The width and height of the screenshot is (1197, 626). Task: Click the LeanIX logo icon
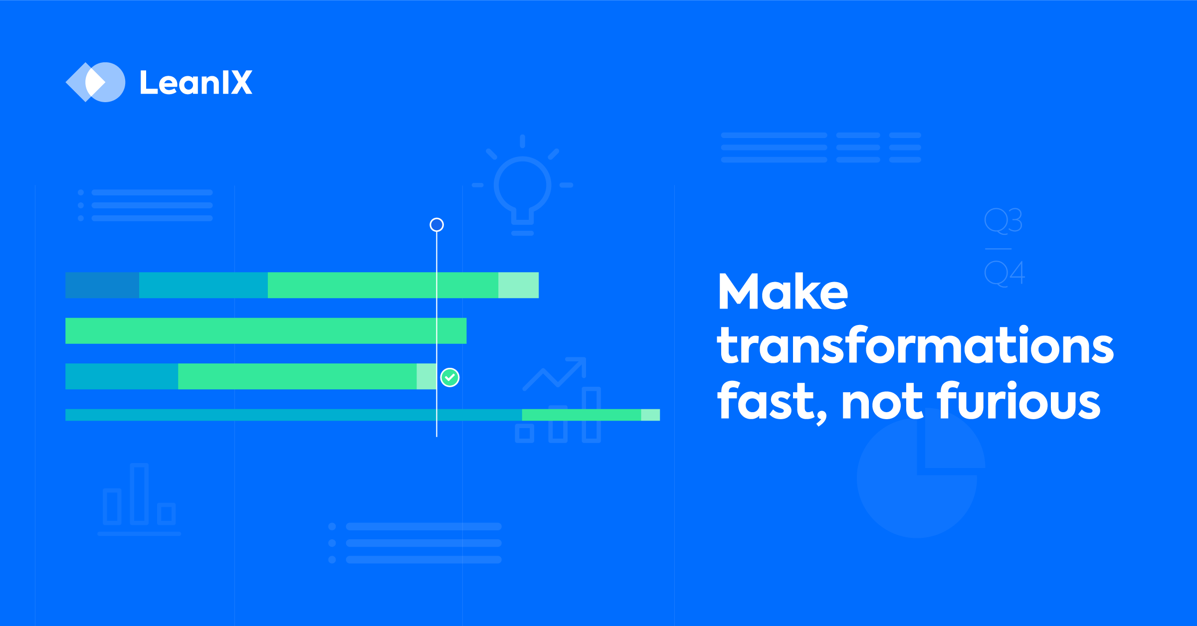tap(95, 82)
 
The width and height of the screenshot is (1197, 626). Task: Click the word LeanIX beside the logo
tap(196, 83)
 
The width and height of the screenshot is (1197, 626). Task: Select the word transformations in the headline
tap(915, 346)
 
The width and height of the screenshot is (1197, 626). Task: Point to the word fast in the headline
tap(771, 401)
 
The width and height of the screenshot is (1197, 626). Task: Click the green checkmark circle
tap(450, 377)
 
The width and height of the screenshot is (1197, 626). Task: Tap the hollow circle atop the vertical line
tap(436, 225)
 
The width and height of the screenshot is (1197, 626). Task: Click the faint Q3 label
tap(1003, 221)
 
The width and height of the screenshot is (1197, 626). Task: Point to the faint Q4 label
tap(1004, 273)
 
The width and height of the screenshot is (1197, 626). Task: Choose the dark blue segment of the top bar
tap(102, 285)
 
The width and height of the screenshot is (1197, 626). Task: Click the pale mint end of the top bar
tap(518, 285)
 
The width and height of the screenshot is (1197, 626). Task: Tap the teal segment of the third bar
tap(122, 376)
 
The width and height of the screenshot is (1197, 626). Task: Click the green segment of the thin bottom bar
tap(581, 415)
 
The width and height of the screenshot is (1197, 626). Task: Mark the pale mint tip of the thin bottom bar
tap(650, 415)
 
